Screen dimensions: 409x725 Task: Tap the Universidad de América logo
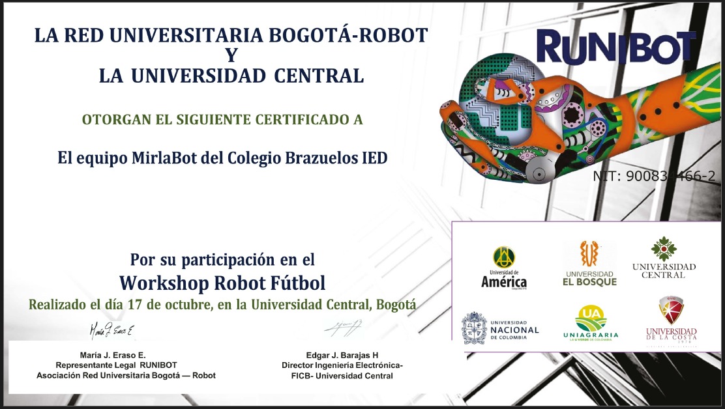coord(503,268)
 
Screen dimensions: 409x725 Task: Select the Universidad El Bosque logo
coord(589,264)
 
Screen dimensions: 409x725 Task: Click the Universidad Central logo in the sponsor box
coord(664,258)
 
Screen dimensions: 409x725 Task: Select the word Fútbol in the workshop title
coord(295,283)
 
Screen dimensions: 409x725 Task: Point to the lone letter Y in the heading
coord(231,55)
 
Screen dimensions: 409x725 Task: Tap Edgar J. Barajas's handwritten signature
coord(343,328)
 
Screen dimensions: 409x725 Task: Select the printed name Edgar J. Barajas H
coord(342,355)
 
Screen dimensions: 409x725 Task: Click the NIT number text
coord(653,176)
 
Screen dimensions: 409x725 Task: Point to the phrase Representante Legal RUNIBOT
coord(125,365)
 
